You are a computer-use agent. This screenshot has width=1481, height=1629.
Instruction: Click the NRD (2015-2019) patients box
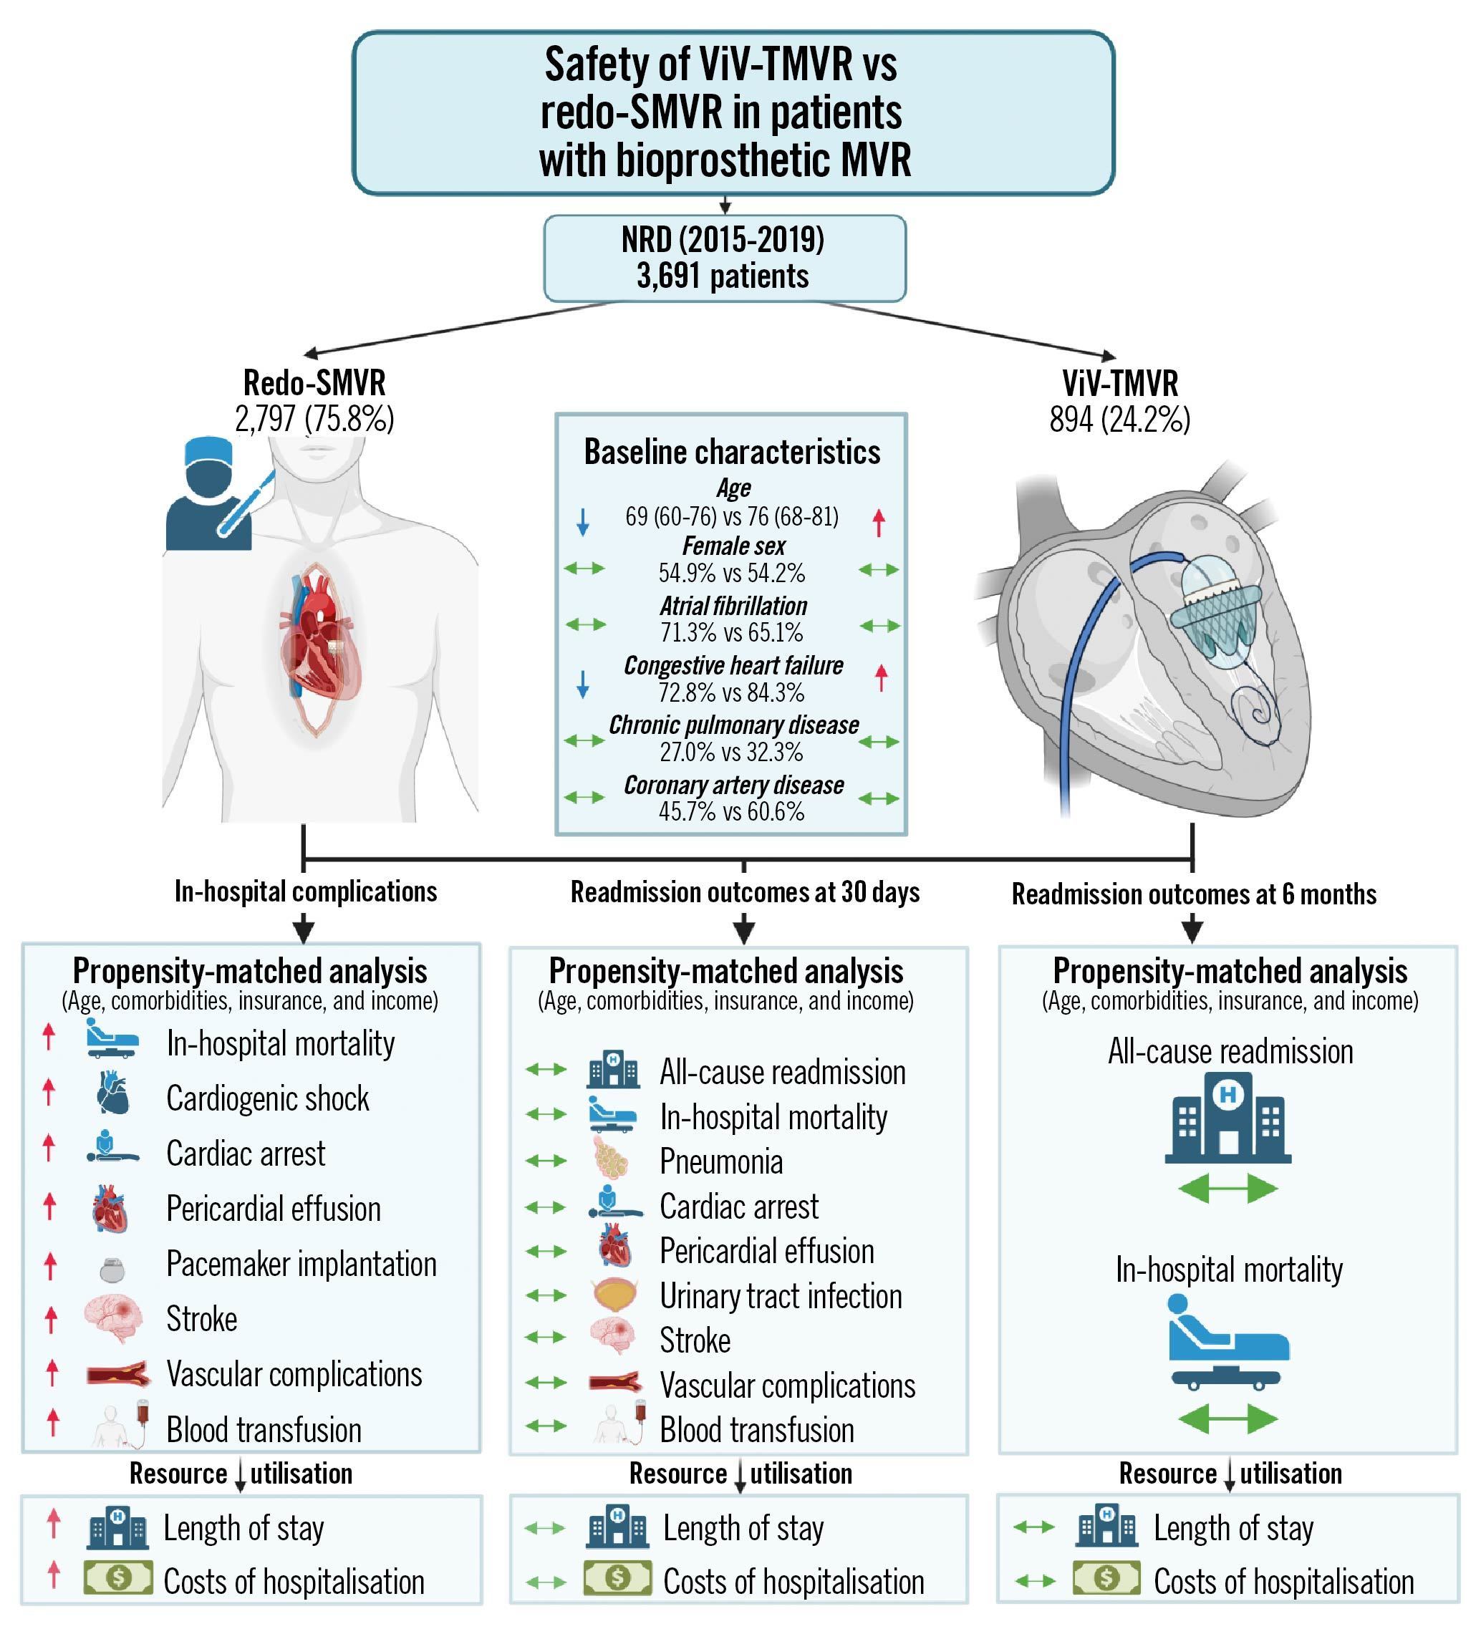724,258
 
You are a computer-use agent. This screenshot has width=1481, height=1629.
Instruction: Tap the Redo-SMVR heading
314,382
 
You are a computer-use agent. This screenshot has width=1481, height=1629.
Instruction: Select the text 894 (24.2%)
1120,420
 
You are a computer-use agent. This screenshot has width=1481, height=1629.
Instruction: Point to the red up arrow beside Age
879,522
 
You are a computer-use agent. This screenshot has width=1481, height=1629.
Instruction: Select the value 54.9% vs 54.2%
731,573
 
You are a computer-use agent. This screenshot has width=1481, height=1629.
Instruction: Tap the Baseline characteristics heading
732,452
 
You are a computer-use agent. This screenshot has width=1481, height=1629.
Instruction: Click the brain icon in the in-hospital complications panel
114,1318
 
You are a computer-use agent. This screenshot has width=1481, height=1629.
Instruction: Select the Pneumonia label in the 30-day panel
720,1161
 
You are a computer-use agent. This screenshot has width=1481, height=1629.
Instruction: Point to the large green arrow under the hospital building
1227,1189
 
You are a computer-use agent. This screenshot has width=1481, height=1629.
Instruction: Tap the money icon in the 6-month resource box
1106,1577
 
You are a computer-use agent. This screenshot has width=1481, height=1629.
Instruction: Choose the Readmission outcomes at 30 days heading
745,892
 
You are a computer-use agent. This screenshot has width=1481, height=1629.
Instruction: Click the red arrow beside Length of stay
53,1523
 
